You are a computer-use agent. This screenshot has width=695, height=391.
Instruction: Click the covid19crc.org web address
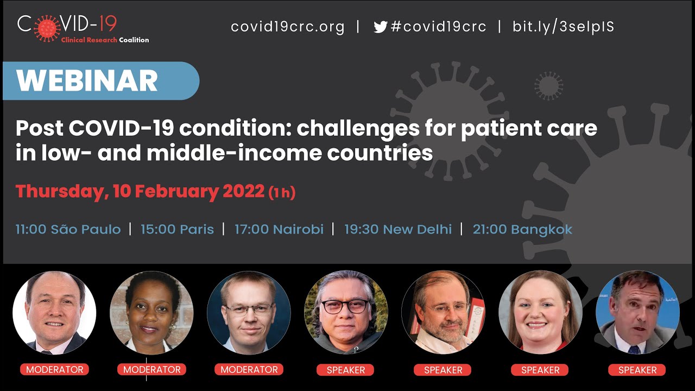[287, 27]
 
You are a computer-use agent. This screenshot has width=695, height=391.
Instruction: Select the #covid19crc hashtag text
[438, 27]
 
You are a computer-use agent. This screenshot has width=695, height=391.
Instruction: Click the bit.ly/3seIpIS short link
[563, 27]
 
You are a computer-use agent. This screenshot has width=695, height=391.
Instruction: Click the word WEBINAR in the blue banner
[87, 81]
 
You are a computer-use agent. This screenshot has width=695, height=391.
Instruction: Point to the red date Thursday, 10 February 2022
[140, 192]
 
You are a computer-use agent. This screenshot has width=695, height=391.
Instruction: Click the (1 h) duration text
[282, 193]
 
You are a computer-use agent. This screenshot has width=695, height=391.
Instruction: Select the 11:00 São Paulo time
[68, 229]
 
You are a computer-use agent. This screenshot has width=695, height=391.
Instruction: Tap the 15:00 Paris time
[177, 229]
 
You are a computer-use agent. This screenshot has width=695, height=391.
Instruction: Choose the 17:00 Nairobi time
[279, 229]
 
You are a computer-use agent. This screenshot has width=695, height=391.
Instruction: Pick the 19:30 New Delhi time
[397, 229]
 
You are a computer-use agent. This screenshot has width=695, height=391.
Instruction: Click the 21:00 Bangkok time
[522, 229]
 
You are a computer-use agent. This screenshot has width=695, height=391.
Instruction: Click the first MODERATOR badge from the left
[55, 370]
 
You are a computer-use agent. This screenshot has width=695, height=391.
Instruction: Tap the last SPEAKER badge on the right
[637, 370]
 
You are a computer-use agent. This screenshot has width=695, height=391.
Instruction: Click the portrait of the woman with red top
[540, 313]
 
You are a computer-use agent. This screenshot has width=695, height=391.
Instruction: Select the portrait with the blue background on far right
[637, 313]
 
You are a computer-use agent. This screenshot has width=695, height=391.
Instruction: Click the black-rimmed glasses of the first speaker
[345, 306]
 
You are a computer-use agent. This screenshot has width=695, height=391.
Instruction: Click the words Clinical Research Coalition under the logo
[105, 40]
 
